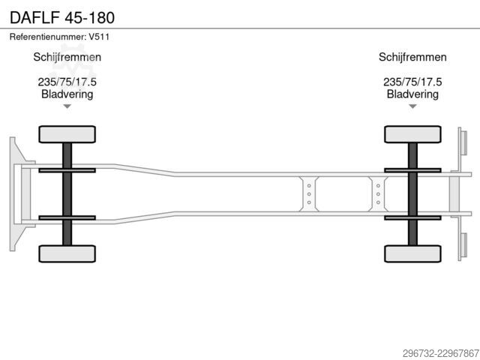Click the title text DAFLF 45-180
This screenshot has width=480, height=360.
tap(62, 17)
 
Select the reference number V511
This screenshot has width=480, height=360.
tap(99, 37)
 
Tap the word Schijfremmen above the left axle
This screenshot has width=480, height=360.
tap(67, 57)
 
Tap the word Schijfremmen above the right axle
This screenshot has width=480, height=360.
tap(412, 57)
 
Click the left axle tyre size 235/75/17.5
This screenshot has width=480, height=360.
tap(67, 82)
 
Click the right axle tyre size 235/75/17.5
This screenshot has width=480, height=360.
tap(412, 82)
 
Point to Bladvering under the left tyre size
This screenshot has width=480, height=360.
tap(67, 94)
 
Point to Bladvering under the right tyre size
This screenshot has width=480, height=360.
tap(412, 94)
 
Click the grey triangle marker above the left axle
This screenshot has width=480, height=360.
tap(67, 106)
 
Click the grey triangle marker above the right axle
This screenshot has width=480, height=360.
tap(412, 106)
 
